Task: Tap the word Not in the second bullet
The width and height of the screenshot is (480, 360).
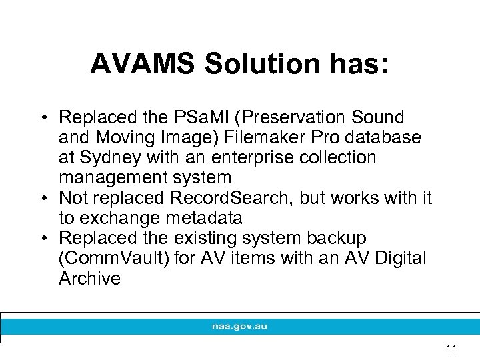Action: coord(74,198)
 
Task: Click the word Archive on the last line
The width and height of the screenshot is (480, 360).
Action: coord(89,278)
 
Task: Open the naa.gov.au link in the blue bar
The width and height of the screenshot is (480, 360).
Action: coord(239,327)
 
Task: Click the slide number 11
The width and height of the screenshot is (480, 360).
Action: coord(451,349)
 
